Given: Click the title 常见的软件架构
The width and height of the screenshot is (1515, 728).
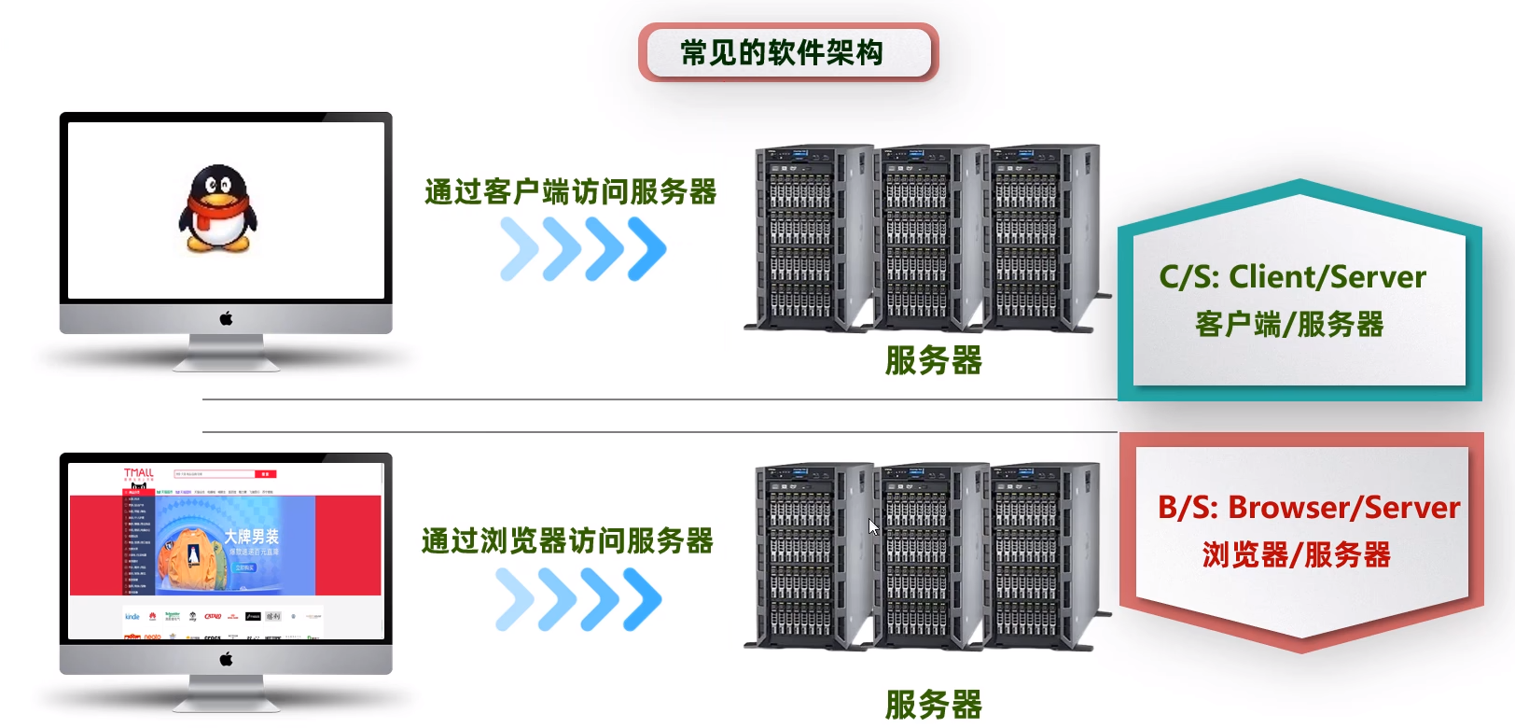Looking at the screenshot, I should [782, 52].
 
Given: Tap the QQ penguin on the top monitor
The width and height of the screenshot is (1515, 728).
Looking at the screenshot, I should [217, 209].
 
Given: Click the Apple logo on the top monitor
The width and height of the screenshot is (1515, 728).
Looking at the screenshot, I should [226, 318].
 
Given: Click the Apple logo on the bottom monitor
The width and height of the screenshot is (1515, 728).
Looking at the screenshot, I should [226, 659].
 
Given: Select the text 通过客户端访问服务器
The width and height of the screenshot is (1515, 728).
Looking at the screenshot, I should [570, 192].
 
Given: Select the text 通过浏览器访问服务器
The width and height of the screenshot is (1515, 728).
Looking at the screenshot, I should [567, 540].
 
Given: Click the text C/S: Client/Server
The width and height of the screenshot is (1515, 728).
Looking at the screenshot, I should [1292, 277].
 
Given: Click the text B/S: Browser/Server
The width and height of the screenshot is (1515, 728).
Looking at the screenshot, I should [1308, 508].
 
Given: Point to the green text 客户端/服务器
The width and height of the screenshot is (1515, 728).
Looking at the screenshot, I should [1289, 325].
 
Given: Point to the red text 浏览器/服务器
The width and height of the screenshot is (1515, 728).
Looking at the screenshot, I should [1296, 555].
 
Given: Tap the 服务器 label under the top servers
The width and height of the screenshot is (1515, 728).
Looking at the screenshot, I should [934, 360].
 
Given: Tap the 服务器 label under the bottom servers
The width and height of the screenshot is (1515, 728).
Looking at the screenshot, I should [934, 705].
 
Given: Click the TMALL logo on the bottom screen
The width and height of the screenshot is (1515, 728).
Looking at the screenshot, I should [138, 473].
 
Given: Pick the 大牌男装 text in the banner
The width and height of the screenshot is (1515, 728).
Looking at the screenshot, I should [251, 537].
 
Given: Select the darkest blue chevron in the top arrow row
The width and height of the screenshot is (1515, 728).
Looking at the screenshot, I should [646, 248].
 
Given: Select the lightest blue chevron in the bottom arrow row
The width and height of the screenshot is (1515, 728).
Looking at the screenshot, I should [516, 599].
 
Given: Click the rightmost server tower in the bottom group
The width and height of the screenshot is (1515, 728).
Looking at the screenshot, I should [1045, 555].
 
